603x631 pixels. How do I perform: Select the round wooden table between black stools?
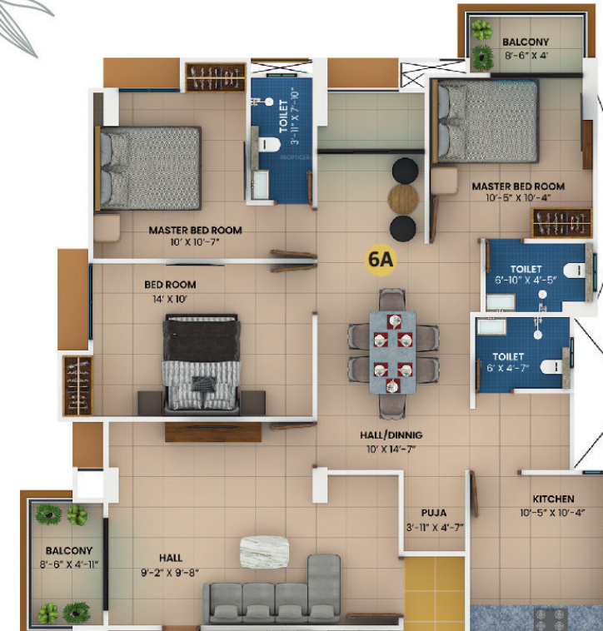404,199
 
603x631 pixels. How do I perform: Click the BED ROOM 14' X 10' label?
170,291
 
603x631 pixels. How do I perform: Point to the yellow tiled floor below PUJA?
434,594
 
